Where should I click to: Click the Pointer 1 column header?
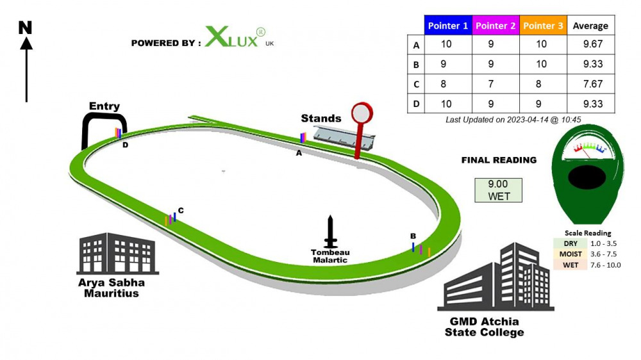(x=448, y=26)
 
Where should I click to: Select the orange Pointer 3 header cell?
(x=544, y=26)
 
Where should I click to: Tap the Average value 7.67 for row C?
(x=593, y=84)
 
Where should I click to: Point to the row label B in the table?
(x=416, y=65)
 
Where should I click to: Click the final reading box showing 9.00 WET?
(x=498, y=190)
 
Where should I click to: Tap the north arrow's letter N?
(x=26, y=28)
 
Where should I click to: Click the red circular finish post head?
(x=362, y=113)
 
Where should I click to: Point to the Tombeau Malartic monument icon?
(x=330, y=231)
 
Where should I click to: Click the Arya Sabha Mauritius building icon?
(x=117, y=254)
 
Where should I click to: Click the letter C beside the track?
(x=181, y=211)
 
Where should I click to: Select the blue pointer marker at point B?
(x=413, y=247)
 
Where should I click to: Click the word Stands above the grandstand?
(x=321, y=119)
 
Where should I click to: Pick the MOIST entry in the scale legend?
(x=570, y=254)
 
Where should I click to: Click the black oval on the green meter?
(x=587, y=177)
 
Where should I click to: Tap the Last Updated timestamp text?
(x=513, y=120)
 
